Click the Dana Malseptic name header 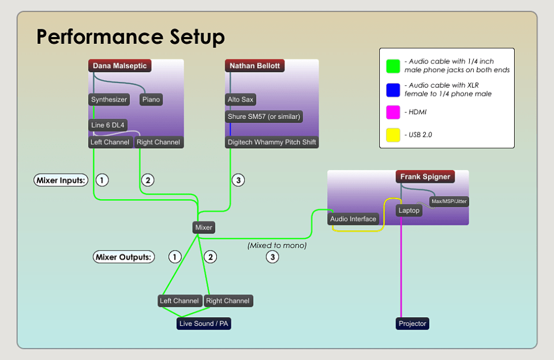pyautogui.click(x=120, y=66)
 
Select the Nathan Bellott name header pyautogui.click(x=254, y=66)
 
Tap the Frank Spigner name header pyautogui.click(x=425, y=177)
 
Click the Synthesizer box pyautogui.click(x=109, y=100)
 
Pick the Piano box pyautogui.click(x=151, y=100)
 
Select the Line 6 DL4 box pyautogui.click(x=108, y=125)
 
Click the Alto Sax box pyautogui.click(x=241, y=100)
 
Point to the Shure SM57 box pyautogui.click(x=264, y=117)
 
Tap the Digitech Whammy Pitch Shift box pyautogui.click(x=272, y=142)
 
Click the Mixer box pyautogui.click(x=204, y=227)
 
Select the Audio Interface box pyautogui.click(x=353, y=219)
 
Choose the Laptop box pyautogui.click(x=409, y=211)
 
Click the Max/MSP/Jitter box pyautogui.click(x=450, y=201)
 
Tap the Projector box pyautogui.click(x=413, y=324)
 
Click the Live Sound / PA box pyautogui.click(x=204, y=324)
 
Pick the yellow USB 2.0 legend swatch pyautogui.click(x=393, y=135)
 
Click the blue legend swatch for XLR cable pyautogui.click(x=393, y=89)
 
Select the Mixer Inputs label pyautogui.click(x=61, y=180)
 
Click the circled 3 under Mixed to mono pyautogui.click(x=272, y=257)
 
